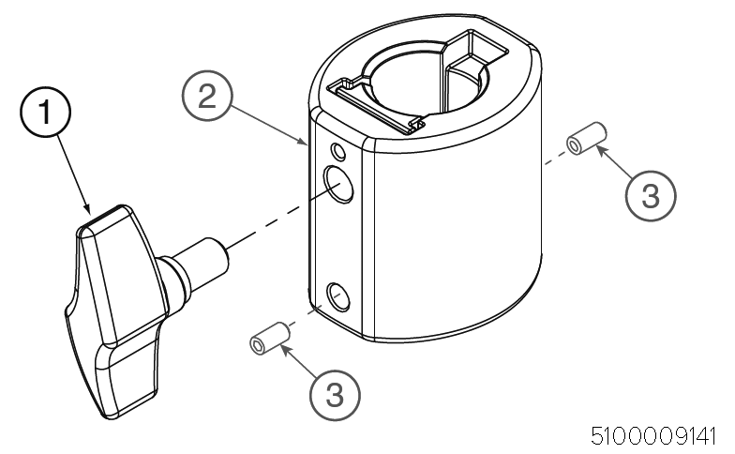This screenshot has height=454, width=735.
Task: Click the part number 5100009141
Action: click(x=653, y=436)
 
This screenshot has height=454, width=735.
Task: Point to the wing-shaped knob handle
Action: click(x=117, y=310)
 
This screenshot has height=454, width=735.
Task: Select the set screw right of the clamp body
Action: click(x=587, y=138)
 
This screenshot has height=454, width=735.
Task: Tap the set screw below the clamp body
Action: click(x=270, y=338)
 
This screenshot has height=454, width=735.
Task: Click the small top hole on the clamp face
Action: click(x=337, y=151)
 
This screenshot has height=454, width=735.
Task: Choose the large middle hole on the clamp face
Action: click(x=339, y=185)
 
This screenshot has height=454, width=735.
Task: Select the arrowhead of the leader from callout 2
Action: click(x=302, y=141)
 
